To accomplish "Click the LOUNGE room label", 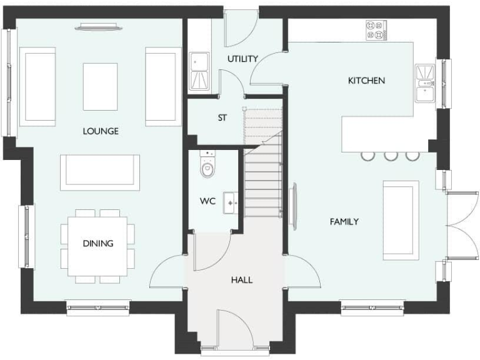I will pyautogui.click(x=101, y=131).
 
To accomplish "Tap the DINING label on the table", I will pyautogui.click(x=98, y=243).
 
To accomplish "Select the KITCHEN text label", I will pyautogui.click(x=366, y=81).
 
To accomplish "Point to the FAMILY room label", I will pyautogui.click(x=344, y=221).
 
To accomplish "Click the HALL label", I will pyautogui.click(x=242, y=280).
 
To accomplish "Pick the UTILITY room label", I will pyautogui.click(x=242, y=59).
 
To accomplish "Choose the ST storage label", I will pyautogui.click(x=222, y=117).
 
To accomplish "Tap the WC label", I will pyautogui.click(x=207, y=201).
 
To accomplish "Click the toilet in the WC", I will pyautogui.click(x=207, y=166).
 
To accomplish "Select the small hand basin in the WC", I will pyautogui.click(x=231, y=201).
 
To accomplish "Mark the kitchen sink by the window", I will pyautogui.click(x=424, y=82).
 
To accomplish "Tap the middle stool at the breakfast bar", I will pyautogui.click(x=391, y=155).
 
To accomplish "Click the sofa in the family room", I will pyautogui.click(x=401, y=220).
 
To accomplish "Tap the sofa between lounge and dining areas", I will pyautogui.click(x=100, y=171).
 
